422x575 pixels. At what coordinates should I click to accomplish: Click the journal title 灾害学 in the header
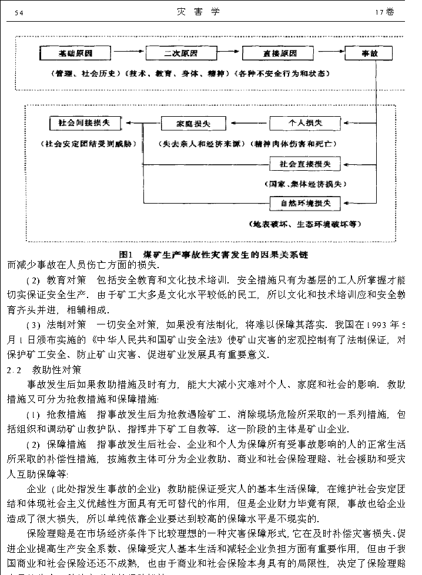[200, 12]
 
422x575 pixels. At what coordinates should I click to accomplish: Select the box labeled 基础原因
[75, 53]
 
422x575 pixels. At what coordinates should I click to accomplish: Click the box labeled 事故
[377, 53]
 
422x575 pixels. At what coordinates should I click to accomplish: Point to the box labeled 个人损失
[304, 123]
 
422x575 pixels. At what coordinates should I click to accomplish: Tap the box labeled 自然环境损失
[304, 203]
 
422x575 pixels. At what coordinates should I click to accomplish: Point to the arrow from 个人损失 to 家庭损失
[247, 124]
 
